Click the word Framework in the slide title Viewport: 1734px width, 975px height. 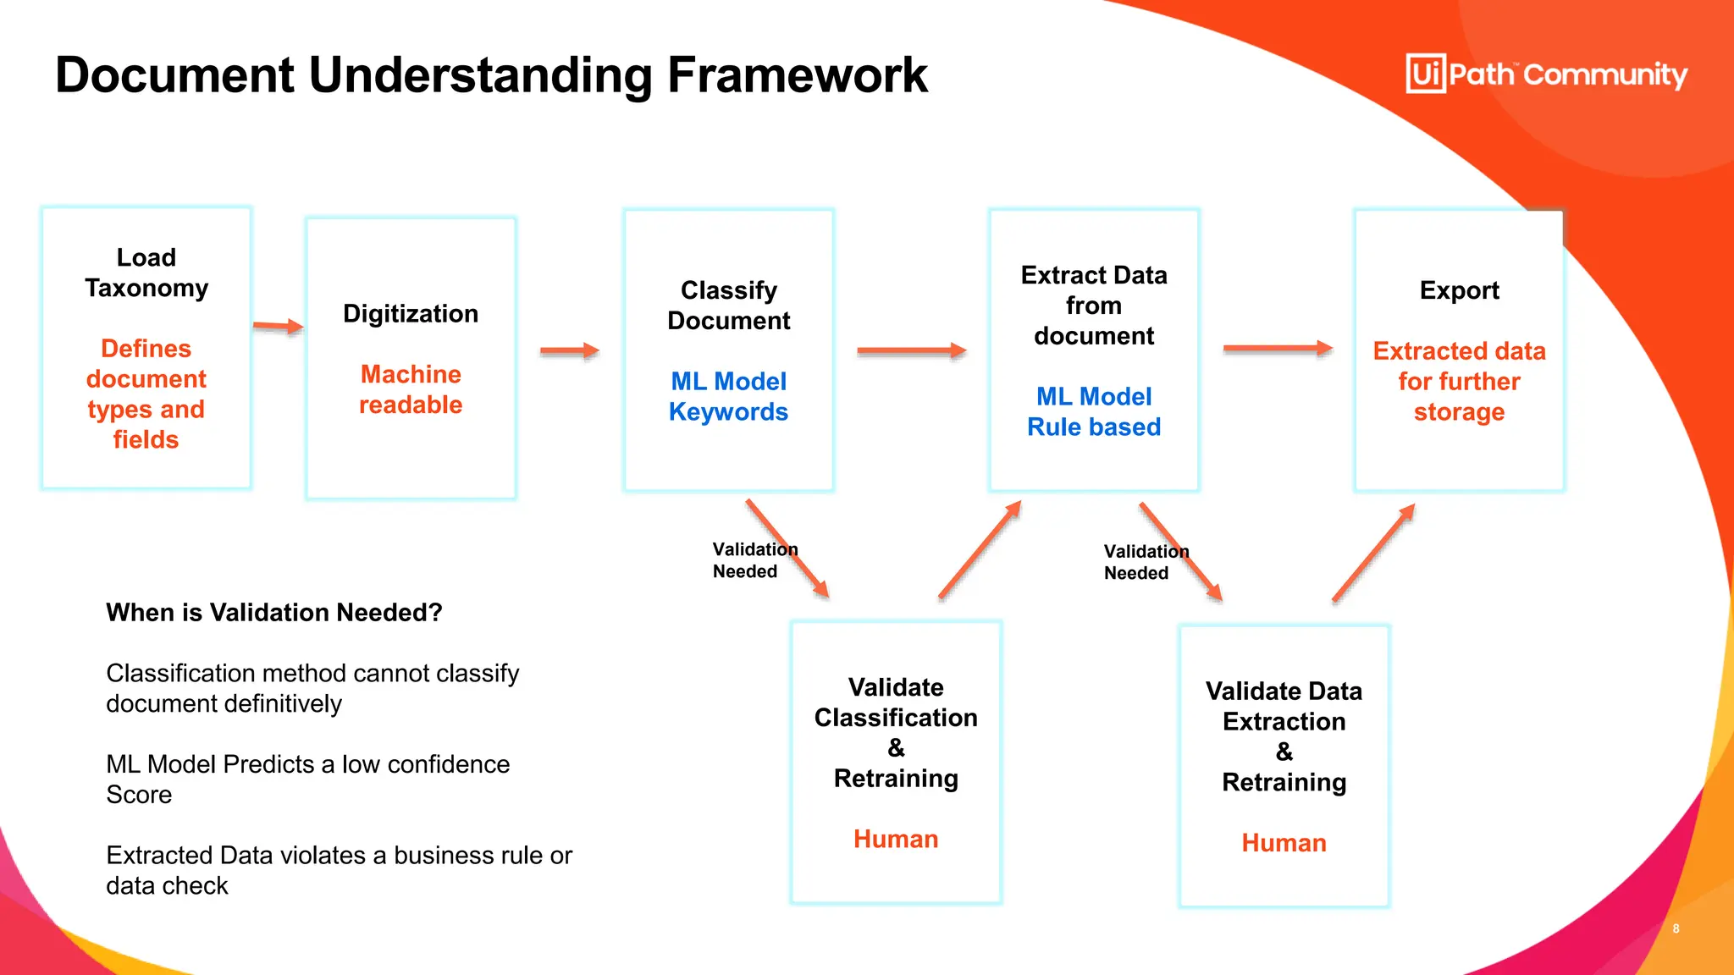(x=797, y=75)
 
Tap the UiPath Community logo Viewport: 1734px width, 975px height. (x=1546, y=74)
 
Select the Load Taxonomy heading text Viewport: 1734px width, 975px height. (x=146, y=273)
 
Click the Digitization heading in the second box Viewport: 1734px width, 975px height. (x=411, y=314)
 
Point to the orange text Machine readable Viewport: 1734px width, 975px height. (x=411, y=389)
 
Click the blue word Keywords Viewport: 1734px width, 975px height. (x=728, y=412)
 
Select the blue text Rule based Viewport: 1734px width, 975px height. (x=1094, y=427)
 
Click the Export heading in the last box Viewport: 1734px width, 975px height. (x=1459, y=290)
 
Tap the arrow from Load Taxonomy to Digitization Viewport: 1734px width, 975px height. (x=278, y=326)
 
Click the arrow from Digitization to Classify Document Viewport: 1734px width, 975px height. (x=569, y=350)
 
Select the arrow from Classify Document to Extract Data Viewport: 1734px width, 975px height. (x=911, y=350)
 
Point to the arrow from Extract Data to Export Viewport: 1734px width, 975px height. (x=1277, y=348)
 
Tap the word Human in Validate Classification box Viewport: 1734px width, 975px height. (x=896, y=839)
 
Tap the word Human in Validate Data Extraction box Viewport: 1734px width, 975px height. (x=1284, y=843)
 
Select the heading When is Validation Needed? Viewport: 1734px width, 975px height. (x=274, y=612)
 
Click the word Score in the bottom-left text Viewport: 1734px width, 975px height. (x=139, y=795)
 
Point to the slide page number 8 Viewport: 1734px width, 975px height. (x=1676, y=928)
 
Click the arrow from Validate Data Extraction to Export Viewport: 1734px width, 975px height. (x=1373, y=553)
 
